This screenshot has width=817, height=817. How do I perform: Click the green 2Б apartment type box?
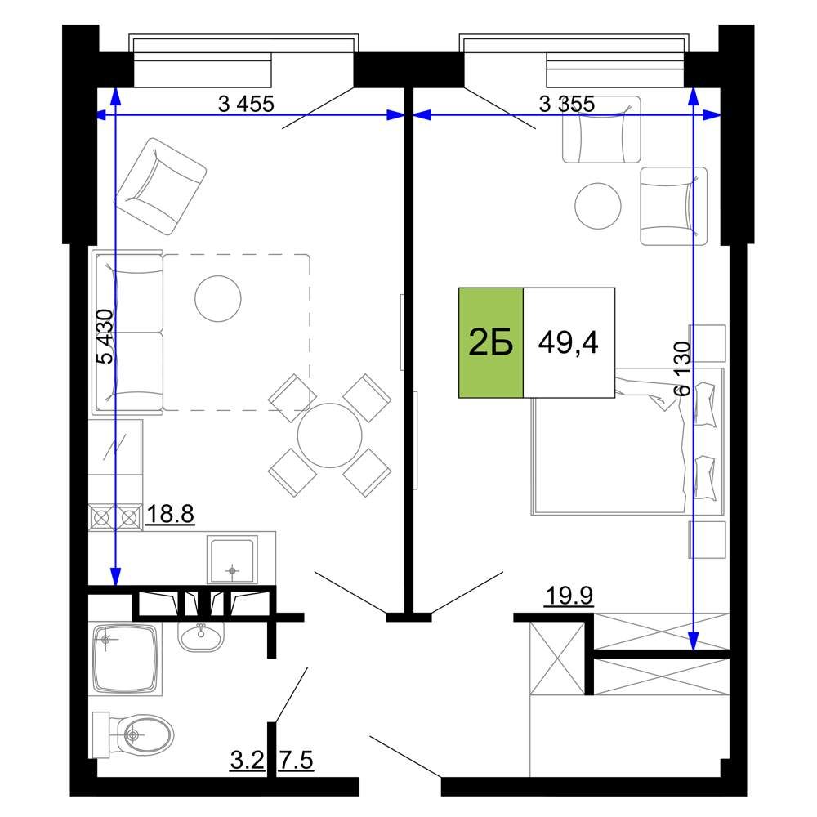[x=491, y=342]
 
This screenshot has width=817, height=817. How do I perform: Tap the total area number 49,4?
[x=569, y=342]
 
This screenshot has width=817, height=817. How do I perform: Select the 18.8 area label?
[x=171, y=514]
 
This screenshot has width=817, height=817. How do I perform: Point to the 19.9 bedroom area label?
[x=569, y=595]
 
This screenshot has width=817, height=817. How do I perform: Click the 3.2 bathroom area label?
[x=248, y=760]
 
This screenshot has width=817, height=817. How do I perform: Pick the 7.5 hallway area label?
[x=297, y=760]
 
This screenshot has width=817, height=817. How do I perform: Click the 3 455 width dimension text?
[x=246, y=105]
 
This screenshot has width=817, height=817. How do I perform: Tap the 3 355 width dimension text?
[x=567, y=105]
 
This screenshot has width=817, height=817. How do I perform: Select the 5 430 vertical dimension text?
[x=105, y=337]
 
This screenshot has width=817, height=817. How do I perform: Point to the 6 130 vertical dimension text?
[x=682, y=368]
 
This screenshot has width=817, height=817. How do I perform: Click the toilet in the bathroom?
[x=133, y=735]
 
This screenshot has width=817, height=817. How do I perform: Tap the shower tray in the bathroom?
[x=125, y=659]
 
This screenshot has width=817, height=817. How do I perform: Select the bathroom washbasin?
[x=201, y=636]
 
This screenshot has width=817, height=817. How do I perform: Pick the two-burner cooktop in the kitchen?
[x=116, y=517]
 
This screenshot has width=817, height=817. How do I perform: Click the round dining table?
[x=330, y=435]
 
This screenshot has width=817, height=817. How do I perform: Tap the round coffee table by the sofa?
[x=218, y=298]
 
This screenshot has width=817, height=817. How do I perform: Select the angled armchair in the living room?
[x=160, y=186]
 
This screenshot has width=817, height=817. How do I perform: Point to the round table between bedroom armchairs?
[x=598, y=206]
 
